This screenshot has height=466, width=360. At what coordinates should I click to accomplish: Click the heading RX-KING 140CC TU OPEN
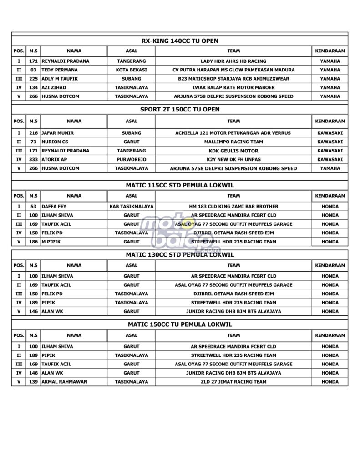click(180, 41)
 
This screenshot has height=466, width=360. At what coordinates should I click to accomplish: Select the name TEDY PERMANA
click(60, 70)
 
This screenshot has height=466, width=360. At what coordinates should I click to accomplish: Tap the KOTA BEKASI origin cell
click(131, 70)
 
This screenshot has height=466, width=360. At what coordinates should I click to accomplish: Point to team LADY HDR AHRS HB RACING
click(233, 61)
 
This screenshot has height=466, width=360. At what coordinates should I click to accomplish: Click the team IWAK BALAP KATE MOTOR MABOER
click(233, 87)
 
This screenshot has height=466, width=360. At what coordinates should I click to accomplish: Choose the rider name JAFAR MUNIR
click(57, 133)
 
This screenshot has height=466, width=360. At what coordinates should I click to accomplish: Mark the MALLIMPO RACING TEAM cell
click(233, 142)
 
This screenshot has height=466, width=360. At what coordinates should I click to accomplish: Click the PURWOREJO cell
click(131, 159)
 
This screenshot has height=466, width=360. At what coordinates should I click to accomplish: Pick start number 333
click(33, 159)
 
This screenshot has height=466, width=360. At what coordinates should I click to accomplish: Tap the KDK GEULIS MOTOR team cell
click(233, 151)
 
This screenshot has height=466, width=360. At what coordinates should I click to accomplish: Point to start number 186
click(33, 242)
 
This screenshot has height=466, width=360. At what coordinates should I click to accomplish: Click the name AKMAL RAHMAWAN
click(65, 382)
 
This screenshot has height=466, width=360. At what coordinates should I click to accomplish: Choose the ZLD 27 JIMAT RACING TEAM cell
click(233, 382)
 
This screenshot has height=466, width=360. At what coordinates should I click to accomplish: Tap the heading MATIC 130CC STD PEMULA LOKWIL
click(180, 255)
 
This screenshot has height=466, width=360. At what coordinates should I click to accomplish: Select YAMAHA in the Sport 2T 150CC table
click(330, 168)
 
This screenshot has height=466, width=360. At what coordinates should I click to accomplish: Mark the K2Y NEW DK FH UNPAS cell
click(233, 159)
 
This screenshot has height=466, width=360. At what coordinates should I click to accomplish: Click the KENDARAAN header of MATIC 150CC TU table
click(330, 335)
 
